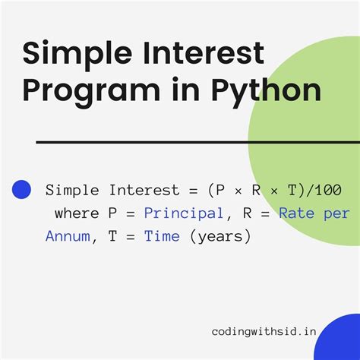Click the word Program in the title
coord(91,90)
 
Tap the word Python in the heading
coord(267,90)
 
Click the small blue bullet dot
coord(21,189)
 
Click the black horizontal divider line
coord(198,142)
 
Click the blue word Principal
coord(184,213)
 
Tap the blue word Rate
coord(296,213)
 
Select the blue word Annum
coord(68,236)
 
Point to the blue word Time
coord(162,236)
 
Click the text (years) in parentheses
coord(220,237)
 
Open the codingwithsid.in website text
coord(264,331)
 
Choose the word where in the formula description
coord(77,213)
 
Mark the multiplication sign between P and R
coord(238,191)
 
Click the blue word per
coord(336,215)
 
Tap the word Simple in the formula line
coord(72,191)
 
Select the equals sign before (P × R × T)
coord(193,191)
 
